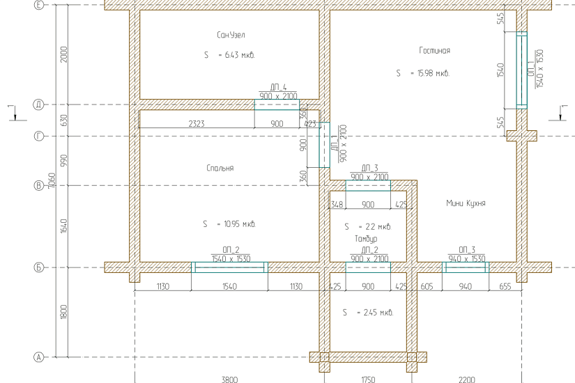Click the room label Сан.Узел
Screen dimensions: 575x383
click(x=231, y=36)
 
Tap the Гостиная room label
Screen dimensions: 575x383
click(x=434, y=51)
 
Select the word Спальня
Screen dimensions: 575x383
click(x=220, y=169)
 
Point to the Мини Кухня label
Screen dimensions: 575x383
click(x=466, y=203)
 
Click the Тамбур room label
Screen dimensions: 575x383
click(x=366, y=239)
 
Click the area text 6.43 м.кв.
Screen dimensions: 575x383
click(x=240, y=55)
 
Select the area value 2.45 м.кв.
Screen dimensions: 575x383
click(x=378, y=313)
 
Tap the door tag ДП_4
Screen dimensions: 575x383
click(x=278, y=87)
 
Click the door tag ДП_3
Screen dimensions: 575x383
click(x=369, y=168)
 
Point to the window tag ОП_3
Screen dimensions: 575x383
click(x=466, y=250)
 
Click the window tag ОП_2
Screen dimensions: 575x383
click(x=231, y=250)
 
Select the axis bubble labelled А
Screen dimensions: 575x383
click(x=39, y=357)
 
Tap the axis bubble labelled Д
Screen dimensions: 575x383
click(x=39, y=105)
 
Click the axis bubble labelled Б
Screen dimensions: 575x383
click(x=39, y=267)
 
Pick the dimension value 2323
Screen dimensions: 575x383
click(x=197, y=123)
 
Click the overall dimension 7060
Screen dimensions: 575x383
click(x=52, y=180)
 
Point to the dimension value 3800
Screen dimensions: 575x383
click(x=229, y=380)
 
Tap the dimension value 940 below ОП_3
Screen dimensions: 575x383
click(x=466, y=287)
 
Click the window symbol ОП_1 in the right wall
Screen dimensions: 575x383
click(x=522, y=70)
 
